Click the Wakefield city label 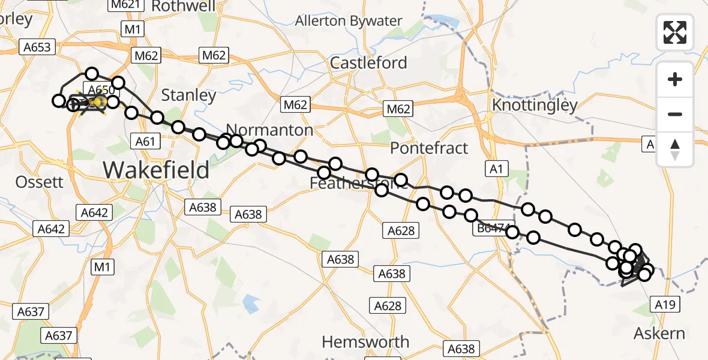(x=156, y=170)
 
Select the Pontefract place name (x=429, y=148)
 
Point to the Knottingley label (x=534, y=106)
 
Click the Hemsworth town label (x=365, y=342)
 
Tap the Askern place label (x=659, y=333)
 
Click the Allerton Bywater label (x=348, y=21)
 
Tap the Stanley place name (x=189, y=95)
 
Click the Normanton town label (x=270, y=130)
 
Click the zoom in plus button (x=675, y=79)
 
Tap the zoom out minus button (x=675, y=114)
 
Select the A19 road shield (x=665, y=305)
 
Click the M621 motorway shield (x=125, y=5)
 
